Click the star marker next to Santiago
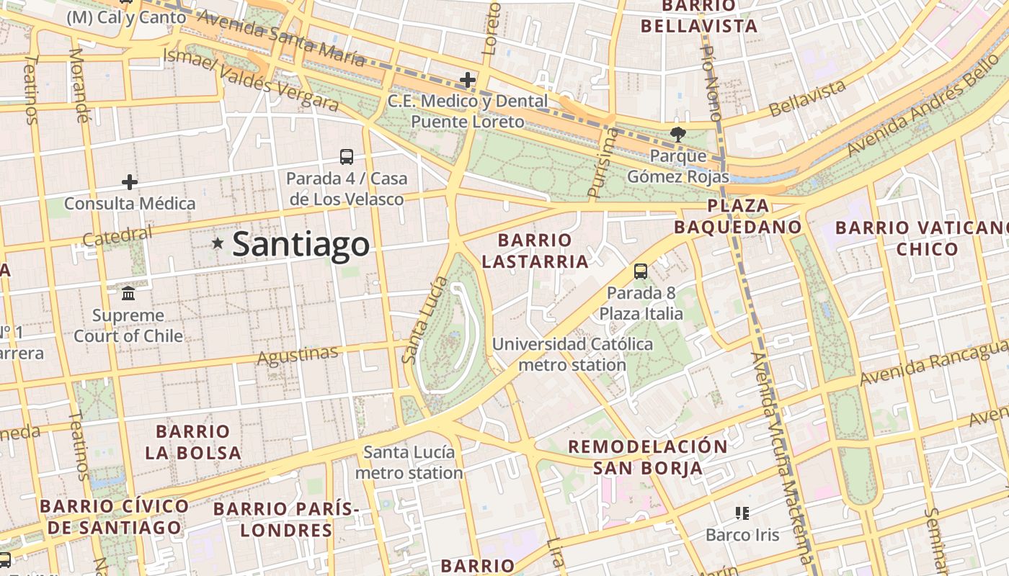coord(218,243)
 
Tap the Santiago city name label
coord(301,244)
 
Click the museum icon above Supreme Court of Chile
coord(129,293)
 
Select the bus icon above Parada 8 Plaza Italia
coord(640,271)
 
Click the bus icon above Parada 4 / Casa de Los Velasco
coord(347,156)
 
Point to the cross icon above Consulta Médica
coord(130,181)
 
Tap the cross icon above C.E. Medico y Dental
coord(468,79)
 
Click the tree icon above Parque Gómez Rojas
coord(677,133)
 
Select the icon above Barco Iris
coord(742,513)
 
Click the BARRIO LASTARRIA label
coord(535,251)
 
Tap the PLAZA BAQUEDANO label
coord(737,216)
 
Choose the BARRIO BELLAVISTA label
coord(699,17)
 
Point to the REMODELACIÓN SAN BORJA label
coord(647,456)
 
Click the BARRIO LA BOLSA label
coord(193,442)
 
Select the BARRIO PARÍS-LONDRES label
coord(286,519)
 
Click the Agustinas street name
coord(297,354)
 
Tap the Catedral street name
coord(117,235)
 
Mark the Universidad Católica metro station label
coord(572,354)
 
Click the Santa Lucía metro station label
coord(409,462)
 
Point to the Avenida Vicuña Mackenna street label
coord(781,461)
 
